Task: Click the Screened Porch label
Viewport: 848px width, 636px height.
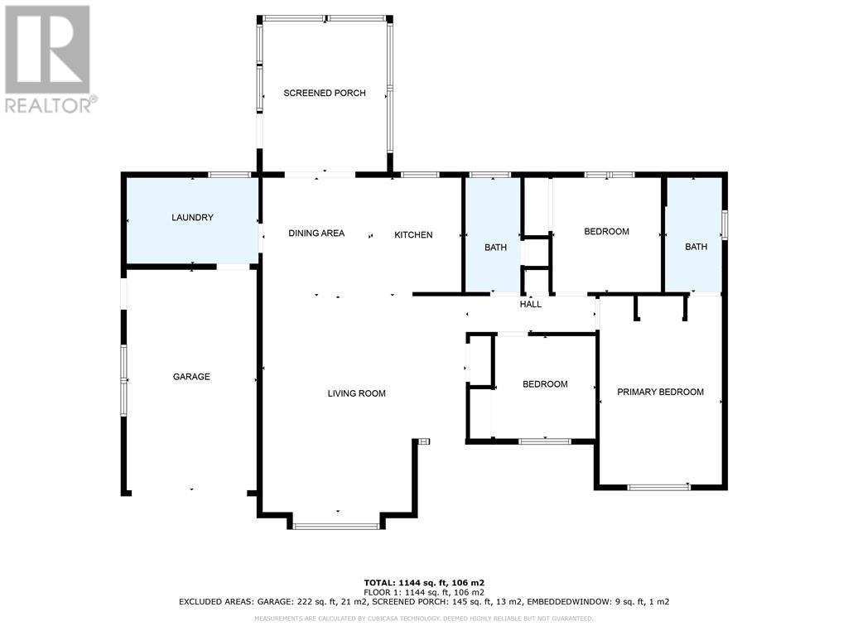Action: pyautogui.click(x=325, y=94)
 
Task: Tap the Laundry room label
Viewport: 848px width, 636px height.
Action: pyautogui.click(x=192, y=218)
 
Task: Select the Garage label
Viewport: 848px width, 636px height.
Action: pyautogui.click(x=191, y=377)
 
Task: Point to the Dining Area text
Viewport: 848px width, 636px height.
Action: pyautogui.click(x=316, y=234)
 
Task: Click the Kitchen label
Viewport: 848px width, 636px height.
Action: pyautogui.click(x=413, y=235)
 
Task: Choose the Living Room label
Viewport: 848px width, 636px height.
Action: pyautogui.click(x=356, y=394)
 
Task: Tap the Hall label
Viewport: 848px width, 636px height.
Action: pyautogui.click(x=531, y=305)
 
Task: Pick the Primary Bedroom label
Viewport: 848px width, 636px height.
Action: pyautogui.click(x=661, y=393)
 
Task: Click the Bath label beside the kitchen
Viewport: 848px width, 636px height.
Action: pyautogui.click(x=495, y=247)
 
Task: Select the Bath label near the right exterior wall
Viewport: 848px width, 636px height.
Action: pyautogui.click(x=696, y=247)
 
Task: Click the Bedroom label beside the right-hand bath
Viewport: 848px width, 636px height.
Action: pyautogui.click(x=606, y=232)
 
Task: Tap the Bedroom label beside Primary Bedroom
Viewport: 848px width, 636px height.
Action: pyautogui.click(x=545, y=384)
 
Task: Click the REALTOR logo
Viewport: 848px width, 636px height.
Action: pyautogui.click(x=49, y=58)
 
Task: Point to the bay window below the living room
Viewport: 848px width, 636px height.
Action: pyautogui.click(x=336, y=526)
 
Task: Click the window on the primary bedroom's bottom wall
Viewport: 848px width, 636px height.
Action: pyautogui.click(x=659, y=487)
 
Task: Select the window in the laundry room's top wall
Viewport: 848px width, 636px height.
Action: pyautogui.click(x=229, y=175)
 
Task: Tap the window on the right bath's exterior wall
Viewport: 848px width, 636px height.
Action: pyautogui.click(x=725, y=225)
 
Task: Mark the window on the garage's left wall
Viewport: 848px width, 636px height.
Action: pyautogui.click(x=124, y=380)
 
